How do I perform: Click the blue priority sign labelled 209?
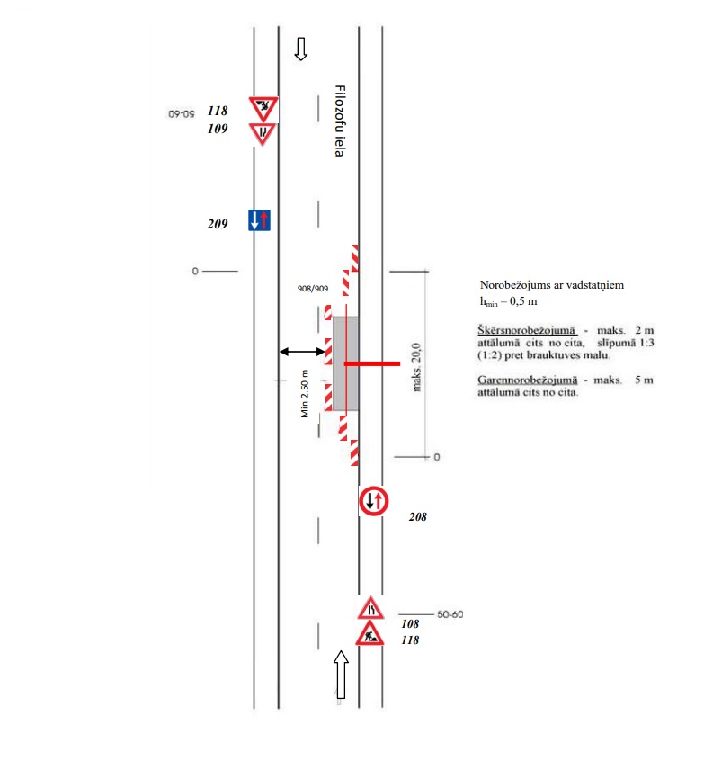click(x=259, y=219)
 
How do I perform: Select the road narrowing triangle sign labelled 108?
click(x=370, y=608)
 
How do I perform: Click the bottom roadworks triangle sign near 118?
click(x=370, y=635)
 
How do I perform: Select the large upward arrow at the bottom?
click(x=341, y=674)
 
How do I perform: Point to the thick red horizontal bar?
click(x=372, y=363)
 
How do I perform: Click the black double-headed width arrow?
click(x=301, y=352)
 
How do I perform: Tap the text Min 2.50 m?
click(x=306, y=393)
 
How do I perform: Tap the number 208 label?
click(x=417, y=517)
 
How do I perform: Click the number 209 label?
click(x=217, y=224)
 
